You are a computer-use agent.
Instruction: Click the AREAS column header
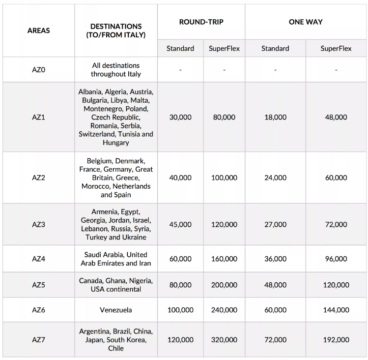38,30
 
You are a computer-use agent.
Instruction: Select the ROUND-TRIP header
201,22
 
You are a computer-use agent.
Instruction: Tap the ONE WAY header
306,22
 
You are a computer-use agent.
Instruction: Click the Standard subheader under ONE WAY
275,48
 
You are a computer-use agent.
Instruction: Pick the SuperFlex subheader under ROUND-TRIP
224,48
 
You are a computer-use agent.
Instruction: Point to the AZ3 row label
38,224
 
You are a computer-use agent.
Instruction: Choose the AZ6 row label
38,310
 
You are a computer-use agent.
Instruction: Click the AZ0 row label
38,70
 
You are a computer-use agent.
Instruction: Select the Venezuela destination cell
116,310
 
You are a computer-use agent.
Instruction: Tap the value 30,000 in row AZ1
180,118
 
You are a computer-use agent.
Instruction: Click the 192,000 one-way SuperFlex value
336,340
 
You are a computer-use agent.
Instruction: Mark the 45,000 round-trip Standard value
180,224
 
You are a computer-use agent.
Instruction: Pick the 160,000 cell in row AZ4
224,259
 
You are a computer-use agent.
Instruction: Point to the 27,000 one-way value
275,224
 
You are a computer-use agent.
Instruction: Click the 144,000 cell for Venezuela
336,310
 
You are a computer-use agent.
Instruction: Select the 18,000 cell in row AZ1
275,118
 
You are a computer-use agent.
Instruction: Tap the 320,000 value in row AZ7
224,340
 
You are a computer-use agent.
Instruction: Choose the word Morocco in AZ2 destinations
96,186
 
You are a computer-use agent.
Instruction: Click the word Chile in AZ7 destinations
116,348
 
